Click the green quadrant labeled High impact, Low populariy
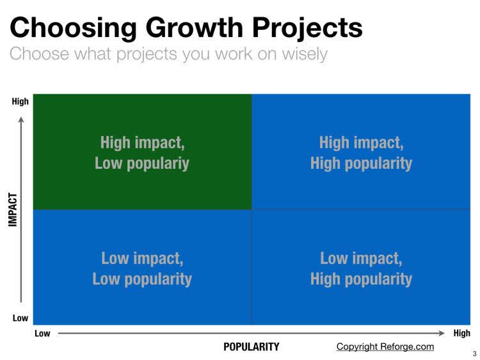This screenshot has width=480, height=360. click(x=142, y=152)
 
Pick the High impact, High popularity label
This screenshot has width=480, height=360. click(x=361, y=152)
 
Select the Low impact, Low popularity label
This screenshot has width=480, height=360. click(x=142, y=269)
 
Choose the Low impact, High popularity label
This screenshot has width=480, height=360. click(x=361, y=269)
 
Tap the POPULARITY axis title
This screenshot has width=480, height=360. click(x=251, y=347)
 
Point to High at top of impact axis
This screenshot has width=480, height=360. click(x=20, y=101)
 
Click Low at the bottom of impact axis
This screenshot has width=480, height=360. click(x=20, y=318)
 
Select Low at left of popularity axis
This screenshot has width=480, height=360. click(x=42, y=333)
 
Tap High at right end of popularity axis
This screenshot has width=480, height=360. click(x=461, y=333)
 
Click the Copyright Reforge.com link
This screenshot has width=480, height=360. click(x=385, y=347)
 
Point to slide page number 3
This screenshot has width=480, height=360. click(x=474, y=354)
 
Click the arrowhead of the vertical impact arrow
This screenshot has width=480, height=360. click(x=20, y=118)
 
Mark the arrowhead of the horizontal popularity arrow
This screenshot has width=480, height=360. click(x=441, y=333)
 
